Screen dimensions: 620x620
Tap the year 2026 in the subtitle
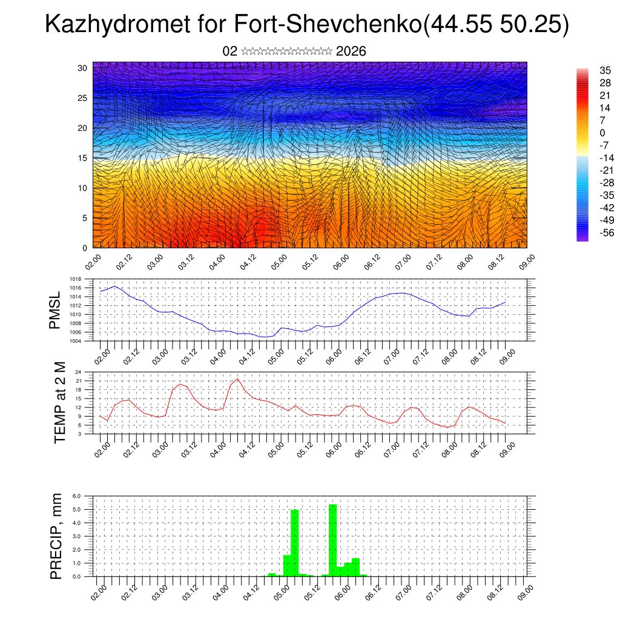click(x=351, y=51)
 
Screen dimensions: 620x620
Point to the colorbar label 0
click(x=602, y=133)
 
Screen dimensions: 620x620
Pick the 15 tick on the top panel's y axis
click(x=84, y=158)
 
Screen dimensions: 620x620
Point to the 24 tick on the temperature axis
click(x=79, y=372)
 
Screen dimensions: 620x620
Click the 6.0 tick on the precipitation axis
click(x=76, y=496)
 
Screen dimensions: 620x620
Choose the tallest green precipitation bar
click(x=332, y=539)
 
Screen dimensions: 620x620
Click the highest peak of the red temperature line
click(x=237, y=378)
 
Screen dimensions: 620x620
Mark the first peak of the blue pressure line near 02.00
click(x=115, y=286)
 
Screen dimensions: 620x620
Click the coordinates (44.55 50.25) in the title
click(x=496, y=25)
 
